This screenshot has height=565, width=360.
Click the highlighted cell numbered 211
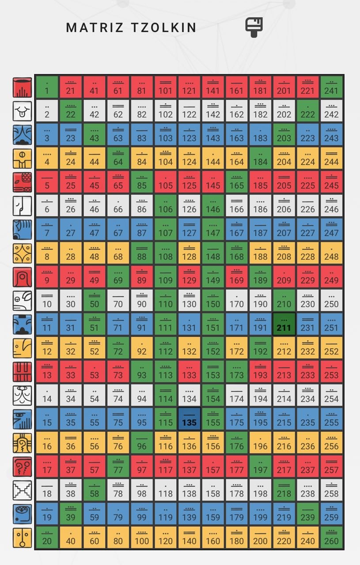tap(284, 324)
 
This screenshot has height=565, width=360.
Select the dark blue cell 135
tap(189, 419)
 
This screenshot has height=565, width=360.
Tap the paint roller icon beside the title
tap(254, 27)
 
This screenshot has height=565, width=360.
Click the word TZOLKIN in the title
tap(163, 27)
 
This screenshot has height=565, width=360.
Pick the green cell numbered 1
tap(46, 87)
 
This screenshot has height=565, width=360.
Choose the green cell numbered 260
tap(331, 537)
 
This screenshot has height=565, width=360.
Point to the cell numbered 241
tap(331, 87)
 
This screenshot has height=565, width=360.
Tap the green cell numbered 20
tap(46, 537)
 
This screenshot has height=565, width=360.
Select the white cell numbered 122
tap(189, 111)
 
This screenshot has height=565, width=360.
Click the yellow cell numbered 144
tap(213, 158)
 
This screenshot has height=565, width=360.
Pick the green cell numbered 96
tap(141, 442)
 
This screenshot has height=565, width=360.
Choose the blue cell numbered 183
tap(260, 134)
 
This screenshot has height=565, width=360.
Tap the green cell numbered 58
tap(94, 490)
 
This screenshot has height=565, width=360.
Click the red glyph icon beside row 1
tap(22, 87)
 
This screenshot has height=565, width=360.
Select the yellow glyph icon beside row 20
tap(22, 537)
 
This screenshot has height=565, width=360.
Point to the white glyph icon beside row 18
tap(22, 490)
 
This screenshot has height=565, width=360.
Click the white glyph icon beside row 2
tap(22, 111)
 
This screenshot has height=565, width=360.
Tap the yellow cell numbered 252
tap(331, 348)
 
